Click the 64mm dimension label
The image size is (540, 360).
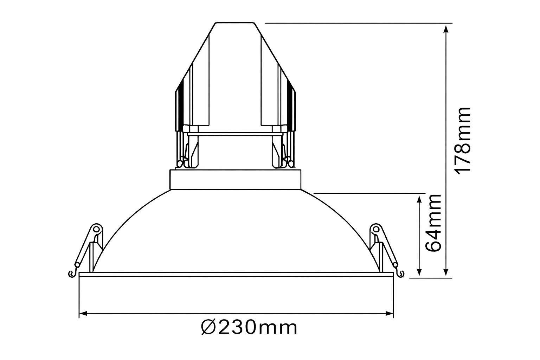pos(433,223)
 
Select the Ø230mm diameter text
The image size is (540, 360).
pos(249,327)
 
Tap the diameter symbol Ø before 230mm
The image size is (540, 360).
pos(208,327)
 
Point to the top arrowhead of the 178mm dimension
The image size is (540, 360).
pos(446,29)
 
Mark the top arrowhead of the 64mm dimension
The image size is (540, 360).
pos(419,199)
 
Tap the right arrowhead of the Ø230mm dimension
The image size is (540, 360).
pos(389,314)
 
